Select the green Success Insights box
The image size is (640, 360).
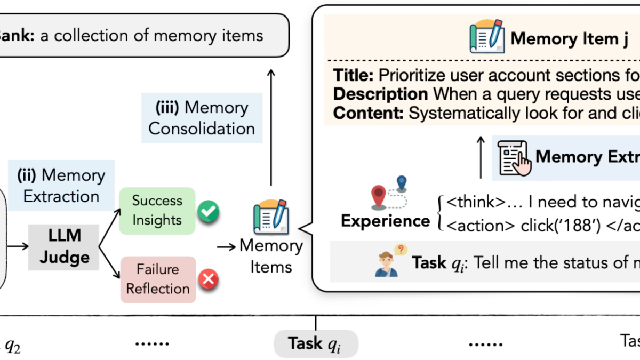pyautogui.click(x=157, y=210)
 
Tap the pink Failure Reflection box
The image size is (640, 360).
pyautogui.click(x=158, y=279)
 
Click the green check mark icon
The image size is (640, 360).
pyautogui.click(x=207, y=212)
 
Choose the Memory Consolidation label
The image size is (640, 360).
pyautogui.click(x=202, y=118)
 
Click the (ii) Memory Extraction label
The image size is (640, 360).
pyautogui.click(x=61, y=185)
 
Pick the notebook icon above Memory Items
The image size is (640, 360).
pyautogui.click(x=271, y=217)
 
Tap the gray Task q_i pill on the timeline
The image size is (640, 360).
pyautogui.click(x=316, y=343)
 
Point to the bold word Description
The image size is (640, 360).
pyautogui.click(x=380, y=94)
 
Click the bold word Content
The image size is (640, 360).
pyautogui.click(x=369, y=113)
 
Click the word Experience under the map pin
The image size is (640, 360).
pyautogui.click(x=385, y=220)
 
